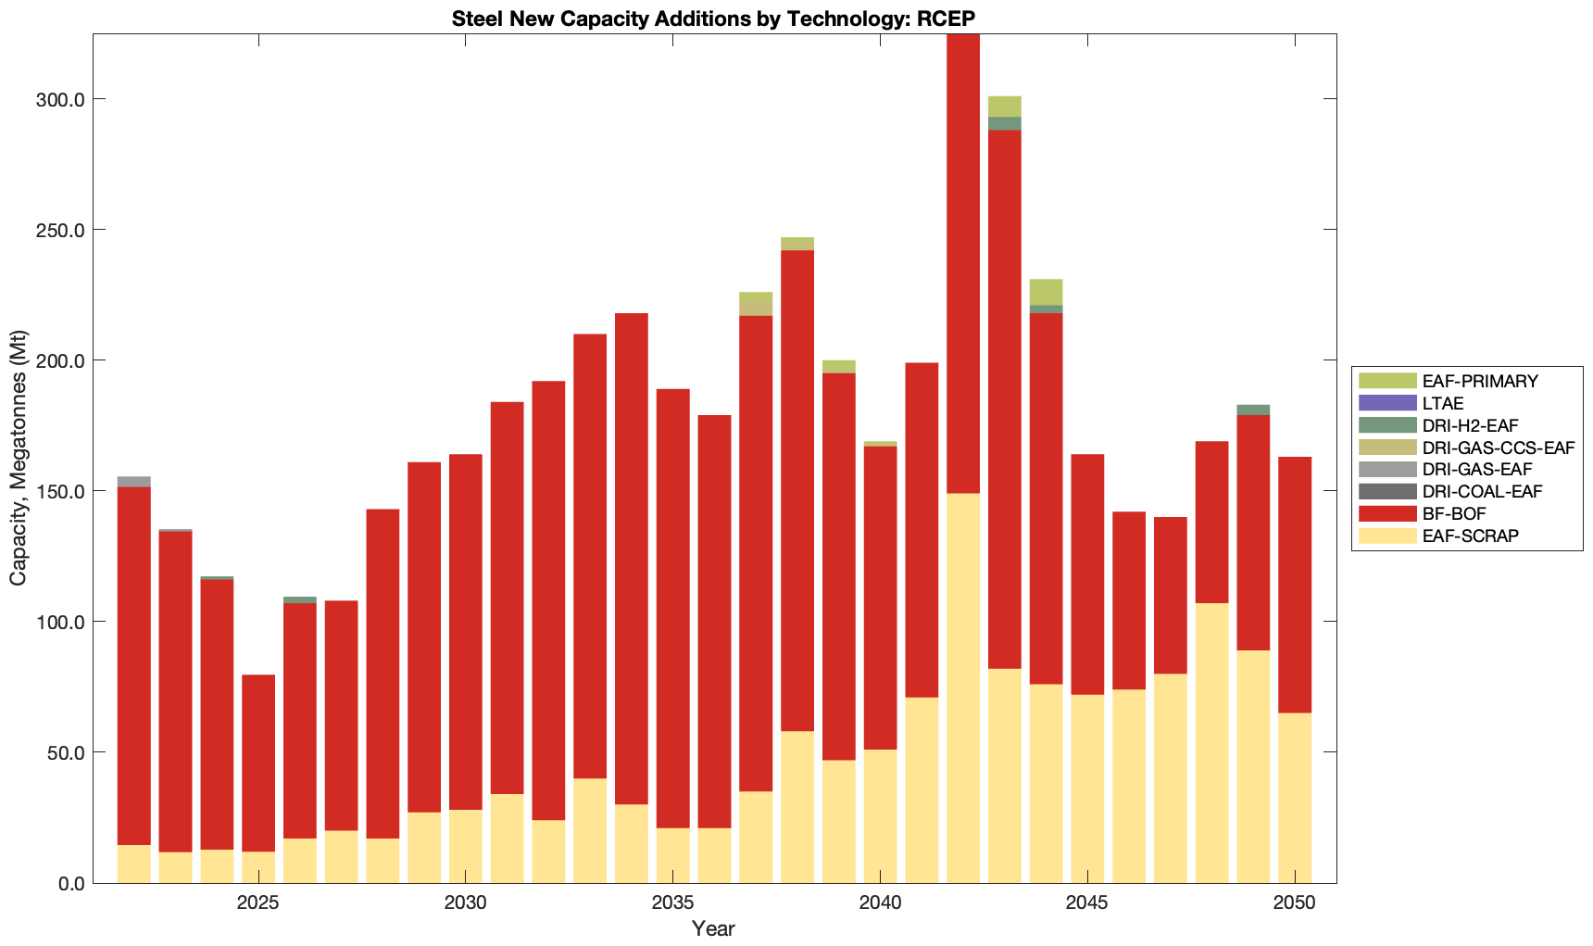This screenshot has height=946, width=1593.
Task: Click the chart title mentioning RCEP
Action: [713, 19]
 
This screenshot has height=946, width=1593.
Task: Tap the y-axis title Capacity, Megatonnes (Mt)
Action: [19, 458]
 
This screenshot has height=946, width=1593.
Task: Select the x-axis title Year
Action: [713, 928]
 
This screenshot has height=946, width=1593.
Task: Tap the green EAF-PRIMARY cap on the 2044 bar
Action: [1046, 292]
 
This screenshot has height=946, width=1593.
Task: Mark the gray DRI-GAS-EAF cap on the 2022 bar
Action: [134, 482]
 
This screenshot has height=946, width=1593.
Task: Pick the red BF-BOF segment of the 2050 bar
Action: [1295, 585]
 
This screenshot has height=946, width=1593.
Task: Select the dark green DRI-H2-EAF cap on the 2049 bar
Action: [1253, 410]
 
